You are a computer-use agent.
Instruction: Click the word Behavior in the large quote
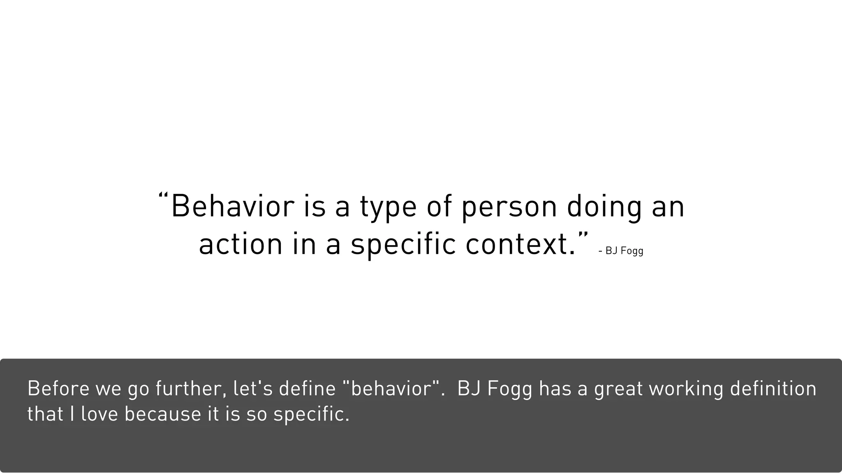coord(233,206)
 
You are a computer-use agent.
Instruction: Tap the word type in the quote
coord(389,207)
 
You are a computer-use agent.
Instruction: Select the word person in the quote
coord(509,207)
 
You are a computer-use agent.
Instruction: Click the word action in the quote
coord(241,244)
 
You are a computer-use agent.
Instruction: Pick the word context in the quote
coord(520,244)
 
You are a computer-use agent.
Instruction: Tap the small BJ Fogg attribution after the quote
coord(621,250)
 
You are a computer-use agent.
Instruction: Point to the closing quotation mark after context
coord(583,234)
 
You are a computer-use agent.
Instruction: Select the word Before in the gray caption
coord(58,388)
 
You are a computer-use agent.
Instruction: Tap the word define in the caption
coord(307,388)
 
